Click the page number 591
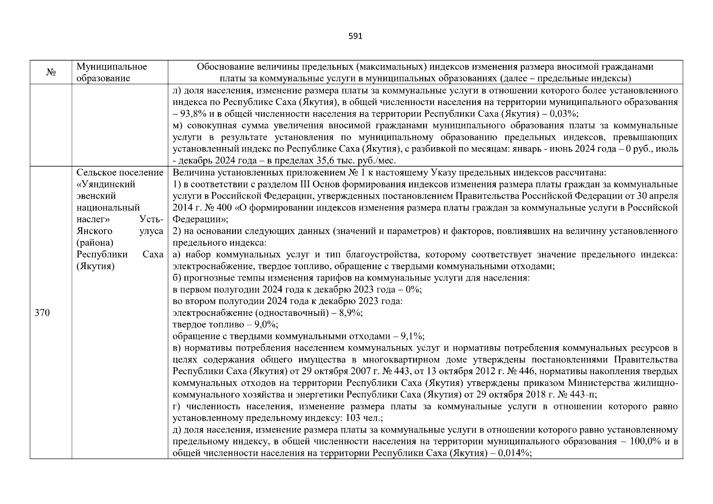[355, 36]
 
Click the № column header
[51, 73]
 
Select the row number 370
[42, 313]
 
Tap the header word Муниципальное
[112, 67]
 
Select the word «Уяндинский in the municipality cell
[106, 184]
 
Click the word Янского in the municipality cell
[94, 231]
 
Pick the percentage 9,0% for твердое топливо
[266, 325]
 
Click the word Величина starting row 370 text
[189, 173]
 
